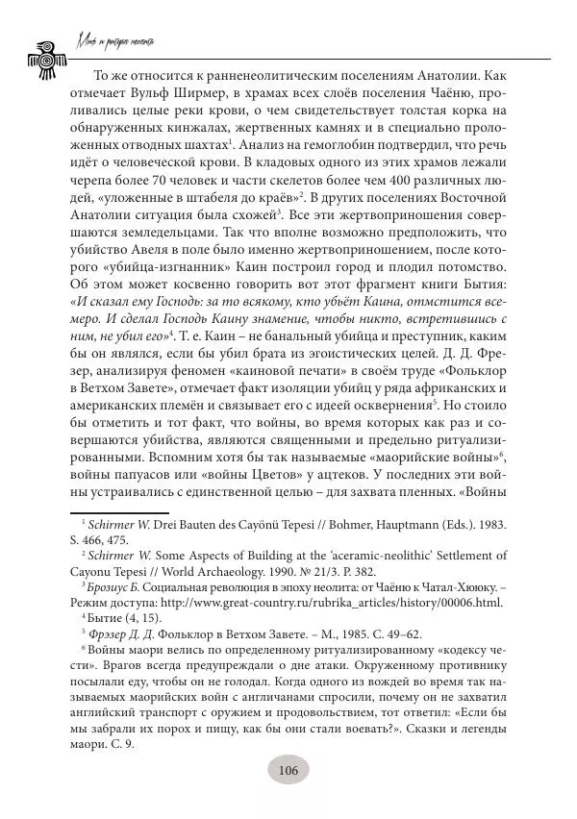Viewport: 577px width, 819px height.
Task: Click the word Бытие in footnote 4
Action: click(x=104, y=616)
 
